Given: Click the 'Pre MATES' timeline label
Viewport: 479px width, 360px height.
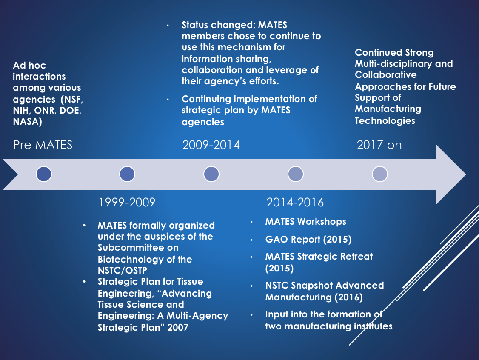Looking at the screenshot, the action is [x=43, y=145].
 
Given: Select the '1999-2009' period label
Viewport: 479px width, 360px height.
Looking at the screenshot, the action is [x=127, y=202].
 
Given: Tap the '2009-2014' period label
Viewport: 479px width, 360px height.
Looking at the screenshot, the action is [x=211, y=145].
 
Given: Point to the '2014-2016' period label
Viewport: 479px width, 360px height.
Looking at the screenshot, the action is [x=295, y=202].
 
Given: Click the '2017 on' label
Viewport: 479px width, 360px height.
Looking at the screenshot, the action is [x=379, y=145].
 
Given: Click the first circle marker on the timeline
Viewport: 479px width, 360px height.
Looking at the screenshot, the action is [x=44, y=174].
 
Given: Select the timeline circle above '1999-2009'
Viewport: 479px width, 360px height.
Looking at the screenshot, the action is [x=127, y=174].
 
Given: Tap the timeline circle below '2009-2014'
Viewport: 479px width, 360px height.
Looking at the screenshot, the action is [x=211, y=174].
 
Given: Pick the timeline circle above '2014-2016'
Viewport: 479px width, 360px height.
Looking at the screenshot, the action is [x=296, y=174].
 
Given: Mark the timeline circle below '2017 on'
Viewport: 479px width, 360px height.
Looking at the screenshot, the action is [x=380, y=174].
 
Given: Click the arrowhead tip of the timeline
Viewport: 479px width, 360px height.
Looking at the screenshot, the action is [x=465, y=174].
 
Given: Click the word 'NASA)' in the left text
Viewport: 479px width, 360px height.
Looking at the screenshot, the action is [x=28, y=122].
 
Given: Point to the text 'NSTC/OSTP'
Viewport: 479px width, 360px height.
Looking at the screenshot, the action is [x=122, y=271].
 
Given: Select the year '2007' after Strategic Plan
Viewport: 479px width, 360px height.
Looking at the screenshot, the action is [x=178, y=328].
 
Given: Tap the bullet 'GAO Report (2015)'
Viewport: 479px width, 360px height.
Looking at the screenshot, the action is [x=308, y=239].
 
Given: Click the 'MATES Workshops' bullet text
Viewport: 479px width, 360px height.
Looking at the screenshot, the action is [x=305, y=222].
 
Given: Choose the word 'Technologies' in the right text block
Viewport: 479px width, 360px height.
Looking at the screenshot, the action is [x=385, y=121].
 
